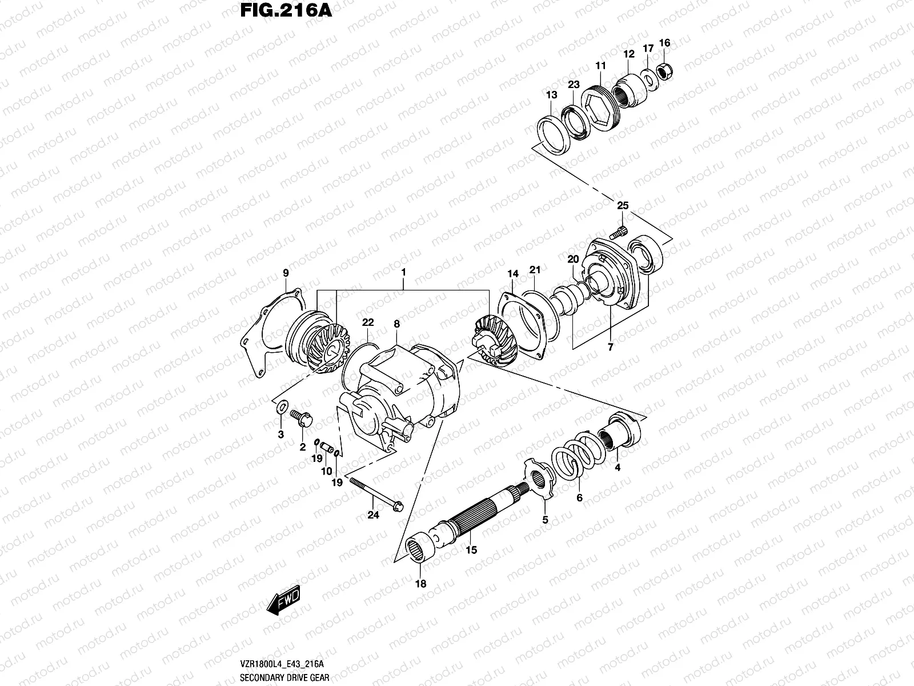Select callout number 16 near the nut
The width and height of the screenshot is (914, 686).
(664, 43)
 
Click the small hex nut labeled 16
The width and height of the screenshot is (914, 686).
(666, 71)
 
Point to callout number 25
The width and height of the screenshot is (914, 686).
(623, 205)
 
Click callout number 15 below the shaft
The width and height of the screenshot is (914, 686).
(471, 551)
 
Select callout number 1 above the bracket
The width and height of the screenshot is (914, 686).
(403, 273)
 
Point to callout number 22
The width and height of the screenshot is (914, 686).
(367, 323)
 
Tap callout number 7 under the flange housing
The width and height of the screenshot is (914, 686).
(610, 346)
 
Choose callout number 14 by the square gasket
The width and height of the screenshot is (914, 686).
(513, 274)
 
